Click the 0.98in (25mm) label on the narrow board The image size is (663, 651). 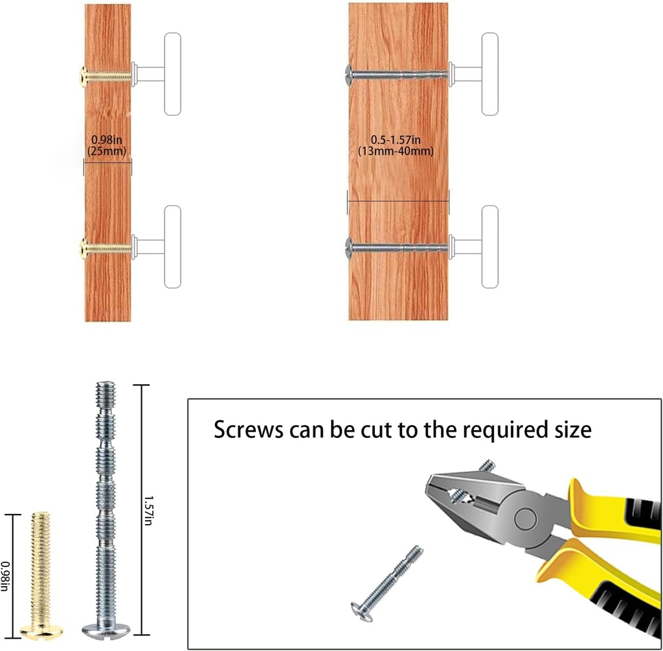pos(107,145)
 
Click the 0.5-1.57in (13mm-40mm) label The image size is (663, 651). pos(396,145)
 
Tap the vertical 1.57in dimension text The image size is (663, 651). pos(148,510)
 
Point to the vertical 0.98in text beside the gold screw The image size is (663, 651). pos(5,576)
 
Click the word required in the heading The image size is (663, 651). pos(505,431)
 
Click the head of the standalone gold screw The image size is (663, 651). pos(41,632)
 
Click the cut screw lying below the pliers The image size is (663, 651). pos(387,584)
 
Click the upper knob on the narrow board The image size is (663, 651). pos(157,74)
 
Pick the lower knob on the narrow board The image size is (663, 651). pos(157,247)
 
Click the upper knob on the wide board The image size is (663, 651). pos(474,74)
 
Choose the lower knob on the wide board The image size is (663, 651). pos(474,247)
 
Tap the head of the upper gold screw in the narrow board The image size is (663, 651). pos(84,76)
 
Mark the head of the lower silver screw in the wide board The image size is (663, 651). pos(348,248)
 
